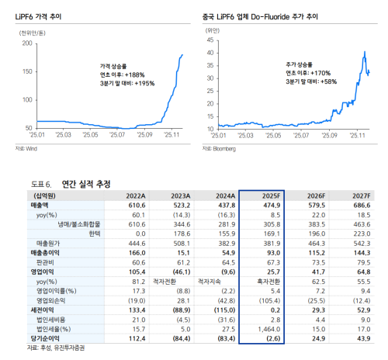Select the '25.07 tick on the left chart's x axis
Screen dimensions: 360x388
coord(116,134)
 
